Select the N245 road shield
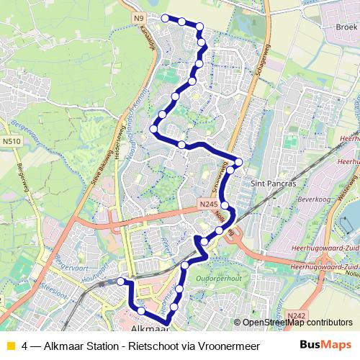(208, 205)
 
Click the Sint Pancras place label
(272, 184)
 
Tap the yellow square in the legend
(10, 345)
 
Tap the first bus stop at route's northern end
(165, 18)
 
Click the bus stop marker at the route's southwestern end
(121, 282)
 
